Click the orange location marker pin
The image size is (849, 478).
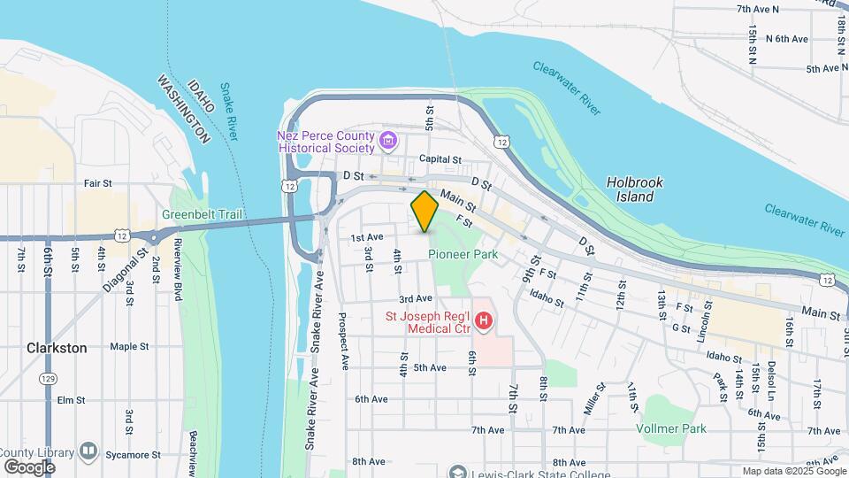[x=425, y=212]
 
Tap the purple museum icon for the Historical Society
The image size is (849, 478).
[x=387, y=140]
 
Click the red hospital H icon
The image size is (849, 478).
[x=483, y=320]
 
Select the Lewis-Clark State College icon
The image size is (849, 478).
[x=456, y=472]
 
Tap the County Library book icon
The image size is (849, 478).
[x=88, y=451]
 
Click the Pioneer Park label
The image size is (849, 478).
[x=463, y=254]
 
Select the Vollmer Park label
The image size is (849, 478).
[x=670, y=428]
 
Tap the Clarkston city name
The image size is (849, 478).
[x=57, y=348]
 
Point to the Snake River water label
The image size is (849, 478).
[x=229, y=111]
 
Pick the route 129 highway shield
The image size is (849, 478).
[x=49, y=379]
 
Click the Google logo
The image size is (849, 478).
[x=29, y=467]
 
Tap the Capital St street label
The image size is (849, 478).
[x=440, y=159]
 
